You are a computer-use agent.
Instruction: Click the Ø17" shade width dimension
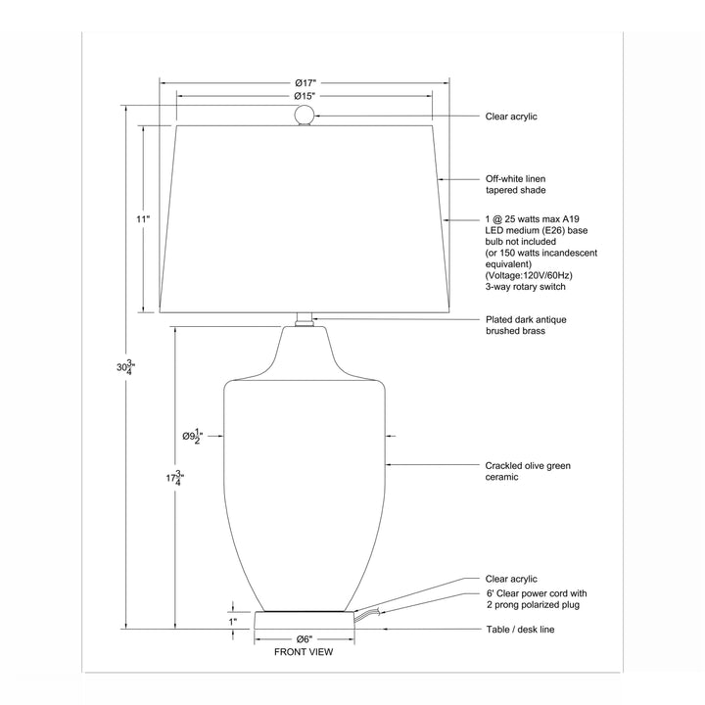[305, 83]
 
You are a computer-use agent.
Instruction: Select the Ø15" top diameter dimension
[305, 96]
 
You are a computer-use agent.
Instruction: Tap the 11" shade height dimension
[143, 219]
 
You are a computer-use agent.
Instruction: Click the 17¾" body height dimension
[175, 478]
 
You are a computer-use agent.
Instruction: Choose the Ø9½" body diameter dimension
[193, 436]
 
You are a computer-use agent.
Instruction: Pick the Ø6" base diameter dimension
[305, 638]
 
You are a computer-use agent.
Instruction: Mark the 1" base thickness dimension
[233, 623]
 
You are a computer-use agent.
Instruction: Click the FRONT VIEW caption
[304, 652]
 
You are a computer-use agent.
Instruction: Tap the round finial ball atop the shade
[304, 116]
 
